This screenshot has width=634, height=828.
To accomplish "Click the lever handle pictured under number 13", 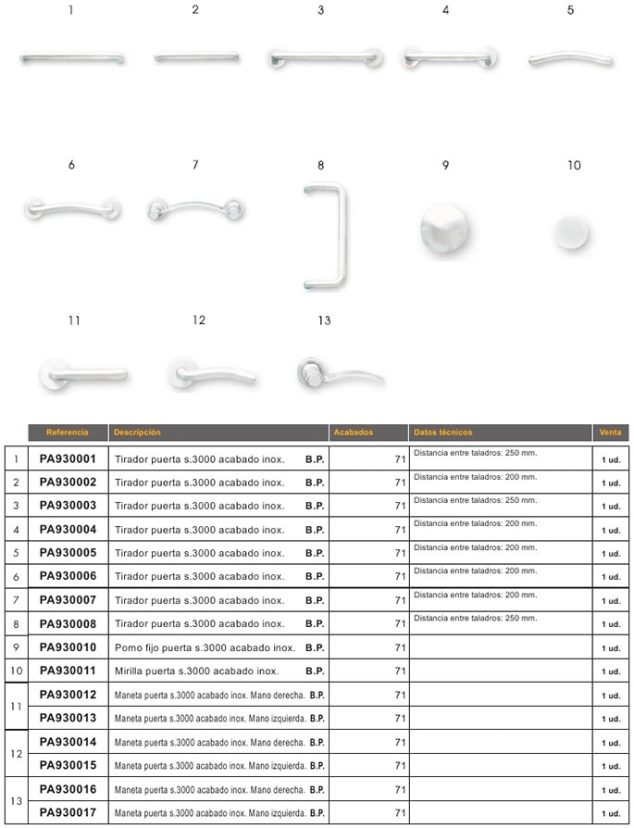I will click(x=338, y=374).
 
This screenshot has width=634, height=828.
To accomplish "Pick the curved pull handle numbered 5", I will click(x=570, y=58).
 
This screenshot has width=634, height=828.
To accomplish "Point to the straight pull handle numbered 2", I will click(x=195, y=57).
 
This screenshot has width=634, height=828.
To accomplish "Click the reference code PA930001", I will click(x=68, y=458).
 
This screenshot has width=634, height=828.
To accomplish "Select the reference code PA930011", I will click(x=68, y=671).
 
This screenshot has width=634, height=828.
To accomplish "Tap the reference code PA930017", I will click(x=68, y=812).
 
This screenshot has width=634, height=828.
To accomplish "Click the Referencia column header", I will click(x=68, y=433).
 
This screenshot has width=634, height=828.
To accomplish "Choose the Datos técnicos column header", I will click(x=443, y=433).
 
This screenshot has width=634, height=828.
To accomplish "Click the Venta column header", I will click(x=610, y=433).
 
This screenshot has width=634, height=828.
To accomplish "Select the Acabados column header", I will click(x=353, y=433).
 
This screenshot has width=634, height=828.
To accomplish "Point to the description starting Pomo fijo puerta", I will click(x=205, y=647).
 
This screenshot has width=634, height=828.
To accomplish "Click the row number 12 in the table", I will click(x=15, y=754).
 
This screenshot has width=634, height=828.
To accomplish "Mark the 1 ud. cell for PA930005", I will click(x=611, y=554).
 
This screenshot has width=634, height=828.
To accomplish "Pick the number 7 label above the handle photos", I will click(x=195, y=165).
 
